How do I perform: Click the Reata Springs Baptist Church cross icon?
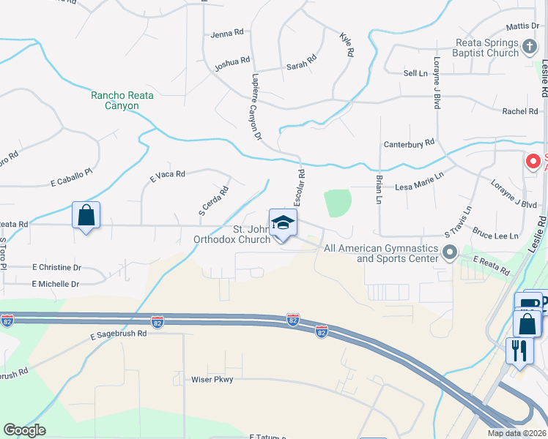coord(530,48)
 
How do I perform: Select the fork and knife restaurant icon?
coord(517,350)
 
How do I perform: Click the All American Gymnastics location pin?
coord(450,252)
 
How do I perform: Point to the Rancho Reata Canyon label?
coord(115,100)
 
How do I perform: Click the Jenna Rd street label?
coord(226,34)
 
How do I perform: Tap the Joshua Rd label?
coord(232,64)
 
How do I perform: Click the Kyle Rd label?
coord(347,45)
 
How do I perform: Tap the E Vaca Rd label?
coord(167,175)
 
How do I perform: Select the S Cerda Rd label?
coord(214,200)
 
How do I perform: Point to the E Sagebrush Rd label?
coord(119,333)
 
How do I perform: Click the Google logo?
coord(24,430)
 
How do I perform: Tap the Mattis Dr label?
coord(522,26)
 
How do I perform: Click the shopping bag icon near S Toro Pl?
coord(86,216)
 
